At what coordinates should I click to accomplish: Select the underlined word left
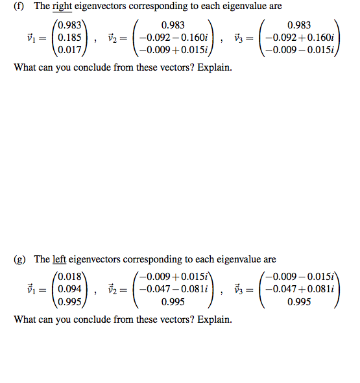pos(60,259)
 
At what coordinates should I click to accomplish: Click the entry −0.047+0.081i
pos(300,289)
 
